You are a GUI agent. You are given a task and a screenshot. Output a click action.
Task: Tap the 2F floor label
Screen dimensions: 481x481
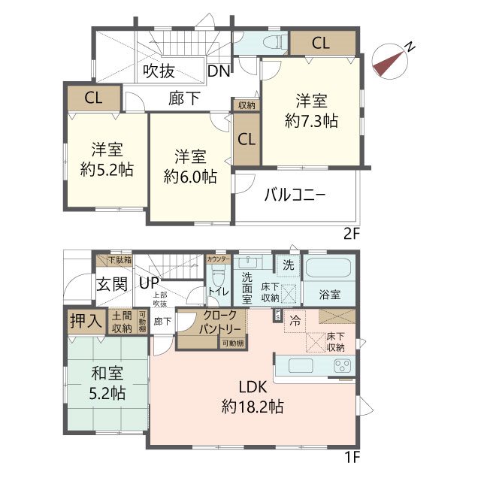pos(352,234)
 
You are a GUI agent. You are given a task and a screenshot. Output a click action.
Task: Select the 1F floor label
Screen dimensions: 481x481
pos(352,456)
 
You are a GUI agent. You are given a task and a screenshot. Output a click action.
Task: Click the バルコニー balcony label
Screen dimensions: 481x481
pos(294,195)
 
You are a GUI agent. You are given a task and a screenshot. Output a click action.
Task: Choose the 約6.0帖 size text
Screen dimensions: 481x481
pos(191,177)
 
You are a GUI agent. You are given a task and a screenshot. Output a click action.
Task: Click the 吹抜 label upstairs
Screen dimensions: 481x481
pos(159,72)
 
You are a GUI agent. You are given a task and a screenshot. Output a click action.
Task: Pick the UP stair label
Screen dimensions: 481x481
pos(147,283)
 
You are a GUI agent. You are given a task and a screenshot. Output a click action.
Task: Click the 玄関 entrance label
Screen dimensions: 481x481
pos(111,284)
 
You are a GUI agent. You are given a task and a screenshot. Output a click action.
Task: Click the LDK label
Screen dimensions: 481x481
pos(252,389)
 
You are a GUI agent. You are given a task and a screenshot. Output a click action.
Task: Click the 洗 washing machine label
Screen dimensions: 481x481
pos(288,265)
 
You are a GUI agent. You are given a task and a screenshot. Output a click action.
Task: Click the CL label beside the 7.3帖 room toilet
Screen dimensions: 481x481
pos(320,43)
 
